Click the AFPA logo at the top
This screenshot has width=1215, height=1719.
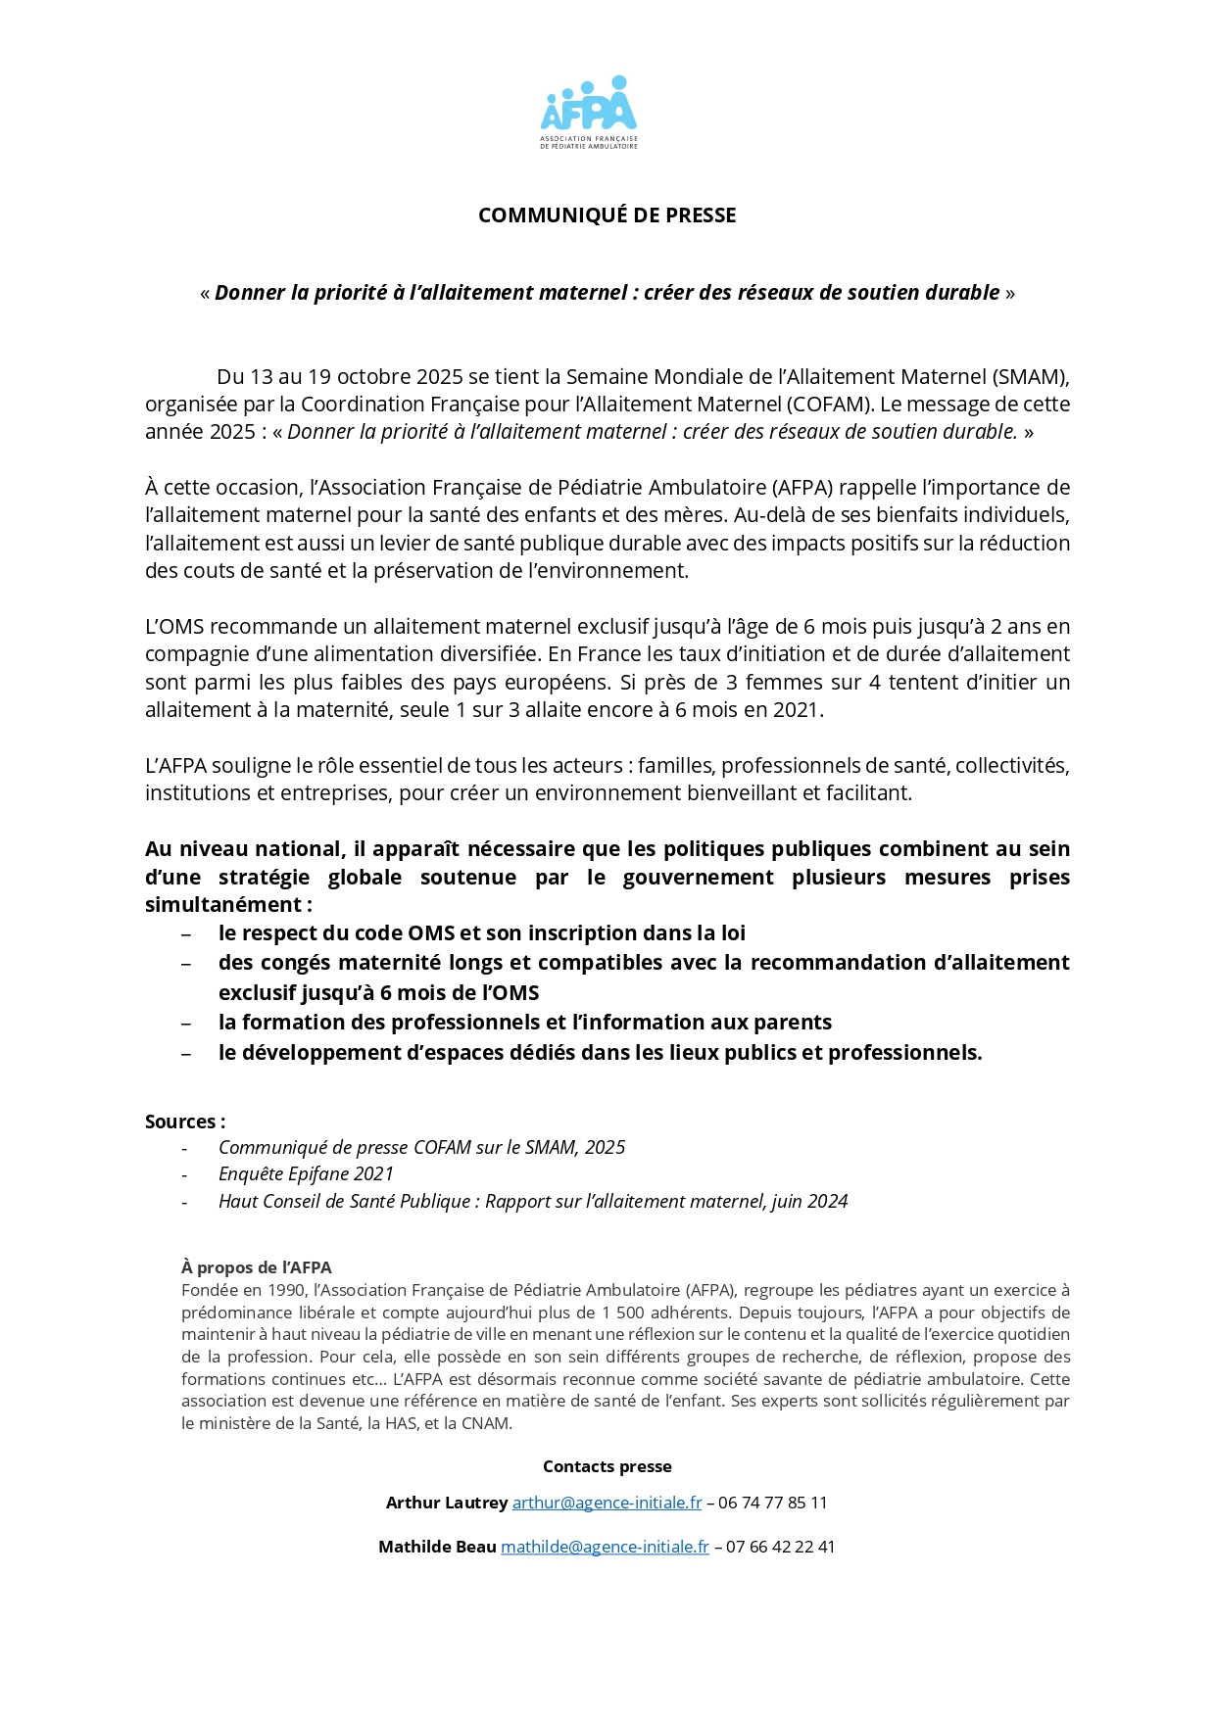click(589, 111)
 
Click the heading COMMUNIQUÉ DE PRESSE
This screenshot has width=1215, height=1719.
click(607, 215)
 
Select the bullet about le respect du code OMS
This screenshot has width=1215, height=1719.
click(481, 933)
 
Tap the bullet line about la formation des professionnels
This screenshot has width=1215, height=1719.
click(524, 1023)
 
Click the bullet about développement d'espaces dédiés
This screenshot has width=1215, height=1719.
click(600, 1053)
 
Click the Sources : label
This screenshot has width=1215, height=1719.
click(185, 1122)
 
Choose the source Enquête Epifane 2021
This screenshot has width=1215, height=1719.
click(306, 1174)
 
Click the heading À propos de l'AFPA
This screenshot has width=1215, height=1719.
click(257, 1268)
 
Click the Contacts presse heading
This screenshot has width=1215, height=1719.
click(607, 1467)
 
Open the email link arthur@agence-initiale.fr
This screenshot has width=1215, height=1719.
click(607, 1504)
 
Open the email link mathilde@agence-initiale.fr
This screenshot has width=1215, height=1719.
click(605, 1548)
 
